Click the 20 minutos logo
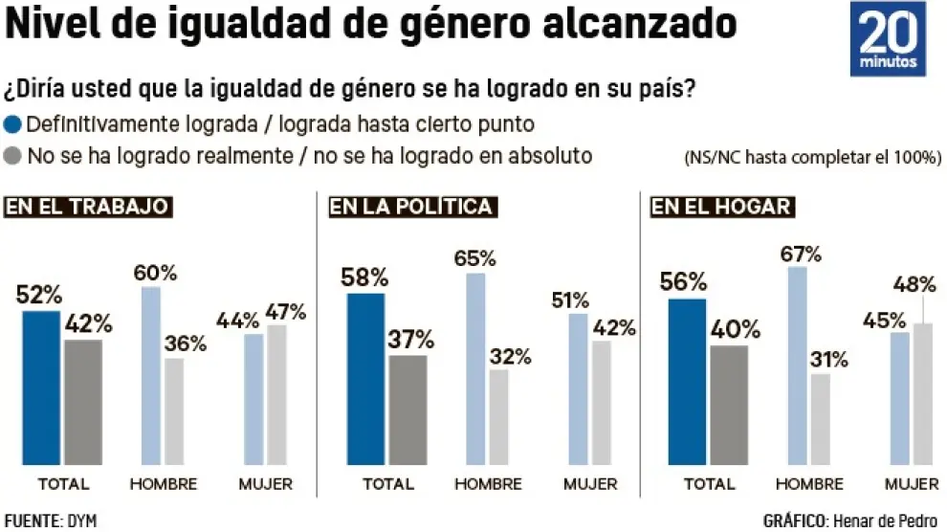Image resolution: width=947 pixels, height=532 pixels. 889,39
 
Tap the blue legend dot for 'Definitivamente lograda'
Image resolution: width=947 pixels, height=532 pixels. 13,124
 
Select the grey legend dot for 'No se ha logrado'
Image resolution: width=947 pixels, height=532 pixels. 13,155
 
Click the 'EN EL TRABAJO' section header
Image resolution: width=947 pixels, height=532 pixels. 88,207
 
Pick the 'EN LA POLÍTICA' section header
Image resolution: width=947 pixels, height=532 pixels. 411,207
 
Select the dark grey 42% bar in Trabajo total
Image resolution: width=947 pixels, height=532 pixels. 83,402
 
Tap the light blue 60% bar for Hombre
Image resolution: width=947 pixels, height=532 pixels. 151,375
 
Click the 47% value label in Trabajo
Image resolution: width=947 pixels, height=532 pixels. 286,311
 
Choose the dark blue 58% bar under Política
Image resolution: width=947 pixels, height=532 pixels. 365,379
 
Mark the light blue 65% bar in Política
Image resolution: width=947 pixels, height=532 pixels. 475,368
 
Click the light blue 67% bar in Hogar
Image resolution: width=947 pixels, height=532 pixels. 797,366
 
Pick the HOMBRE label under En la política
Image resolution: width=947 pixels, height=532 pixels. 487,484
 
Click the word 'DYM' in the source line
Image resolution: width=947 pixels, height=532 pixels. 81,521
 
